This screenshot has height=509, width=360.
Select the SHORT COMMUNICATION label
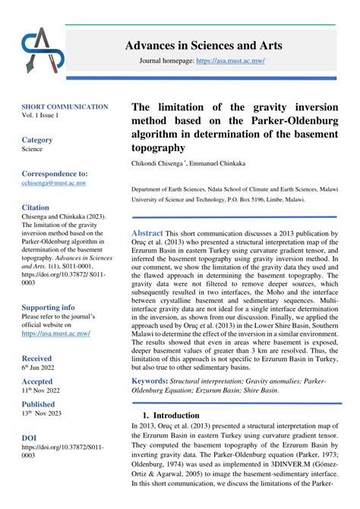pos(65,107)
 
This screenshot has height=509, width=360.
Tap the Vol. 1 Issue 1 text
pos(39,115)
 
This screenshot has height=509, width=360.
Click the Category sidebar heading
pos(37,140)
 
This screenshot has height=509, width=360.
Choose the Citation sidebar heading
pos(36,207)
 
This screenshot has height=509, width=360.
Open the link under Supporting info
pos(55,334)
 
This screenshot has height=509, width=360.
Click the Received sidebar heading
pos(36,357)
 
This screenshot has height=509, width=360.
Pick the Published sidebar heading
pos(38,404)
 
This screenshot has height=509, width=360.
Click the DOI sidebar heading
pos(29,438)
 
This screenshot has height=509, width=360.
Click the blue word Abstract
pos(148,233)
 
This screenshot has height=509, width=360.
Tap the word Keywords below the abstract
pos(150,380)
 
